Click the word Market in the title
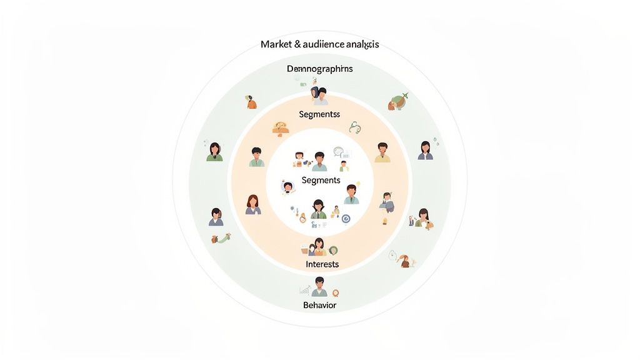275,45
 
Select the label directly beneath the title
319,69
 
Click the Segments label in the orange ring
319,114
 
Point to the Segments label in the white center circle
321,180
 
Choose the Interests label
322,264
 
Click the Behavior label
319,305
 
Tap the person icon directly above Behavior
319,287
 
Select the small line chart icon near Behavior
304,290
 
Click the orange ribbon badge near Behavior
336,292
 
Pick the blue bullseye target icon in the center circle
345,219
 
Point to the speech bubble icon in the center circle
339,151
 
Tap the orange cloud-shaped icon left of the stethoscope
280,128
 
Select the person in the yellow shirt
382,152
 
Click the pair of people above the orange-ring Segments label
319,96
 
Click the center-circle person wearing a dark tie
318,209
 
